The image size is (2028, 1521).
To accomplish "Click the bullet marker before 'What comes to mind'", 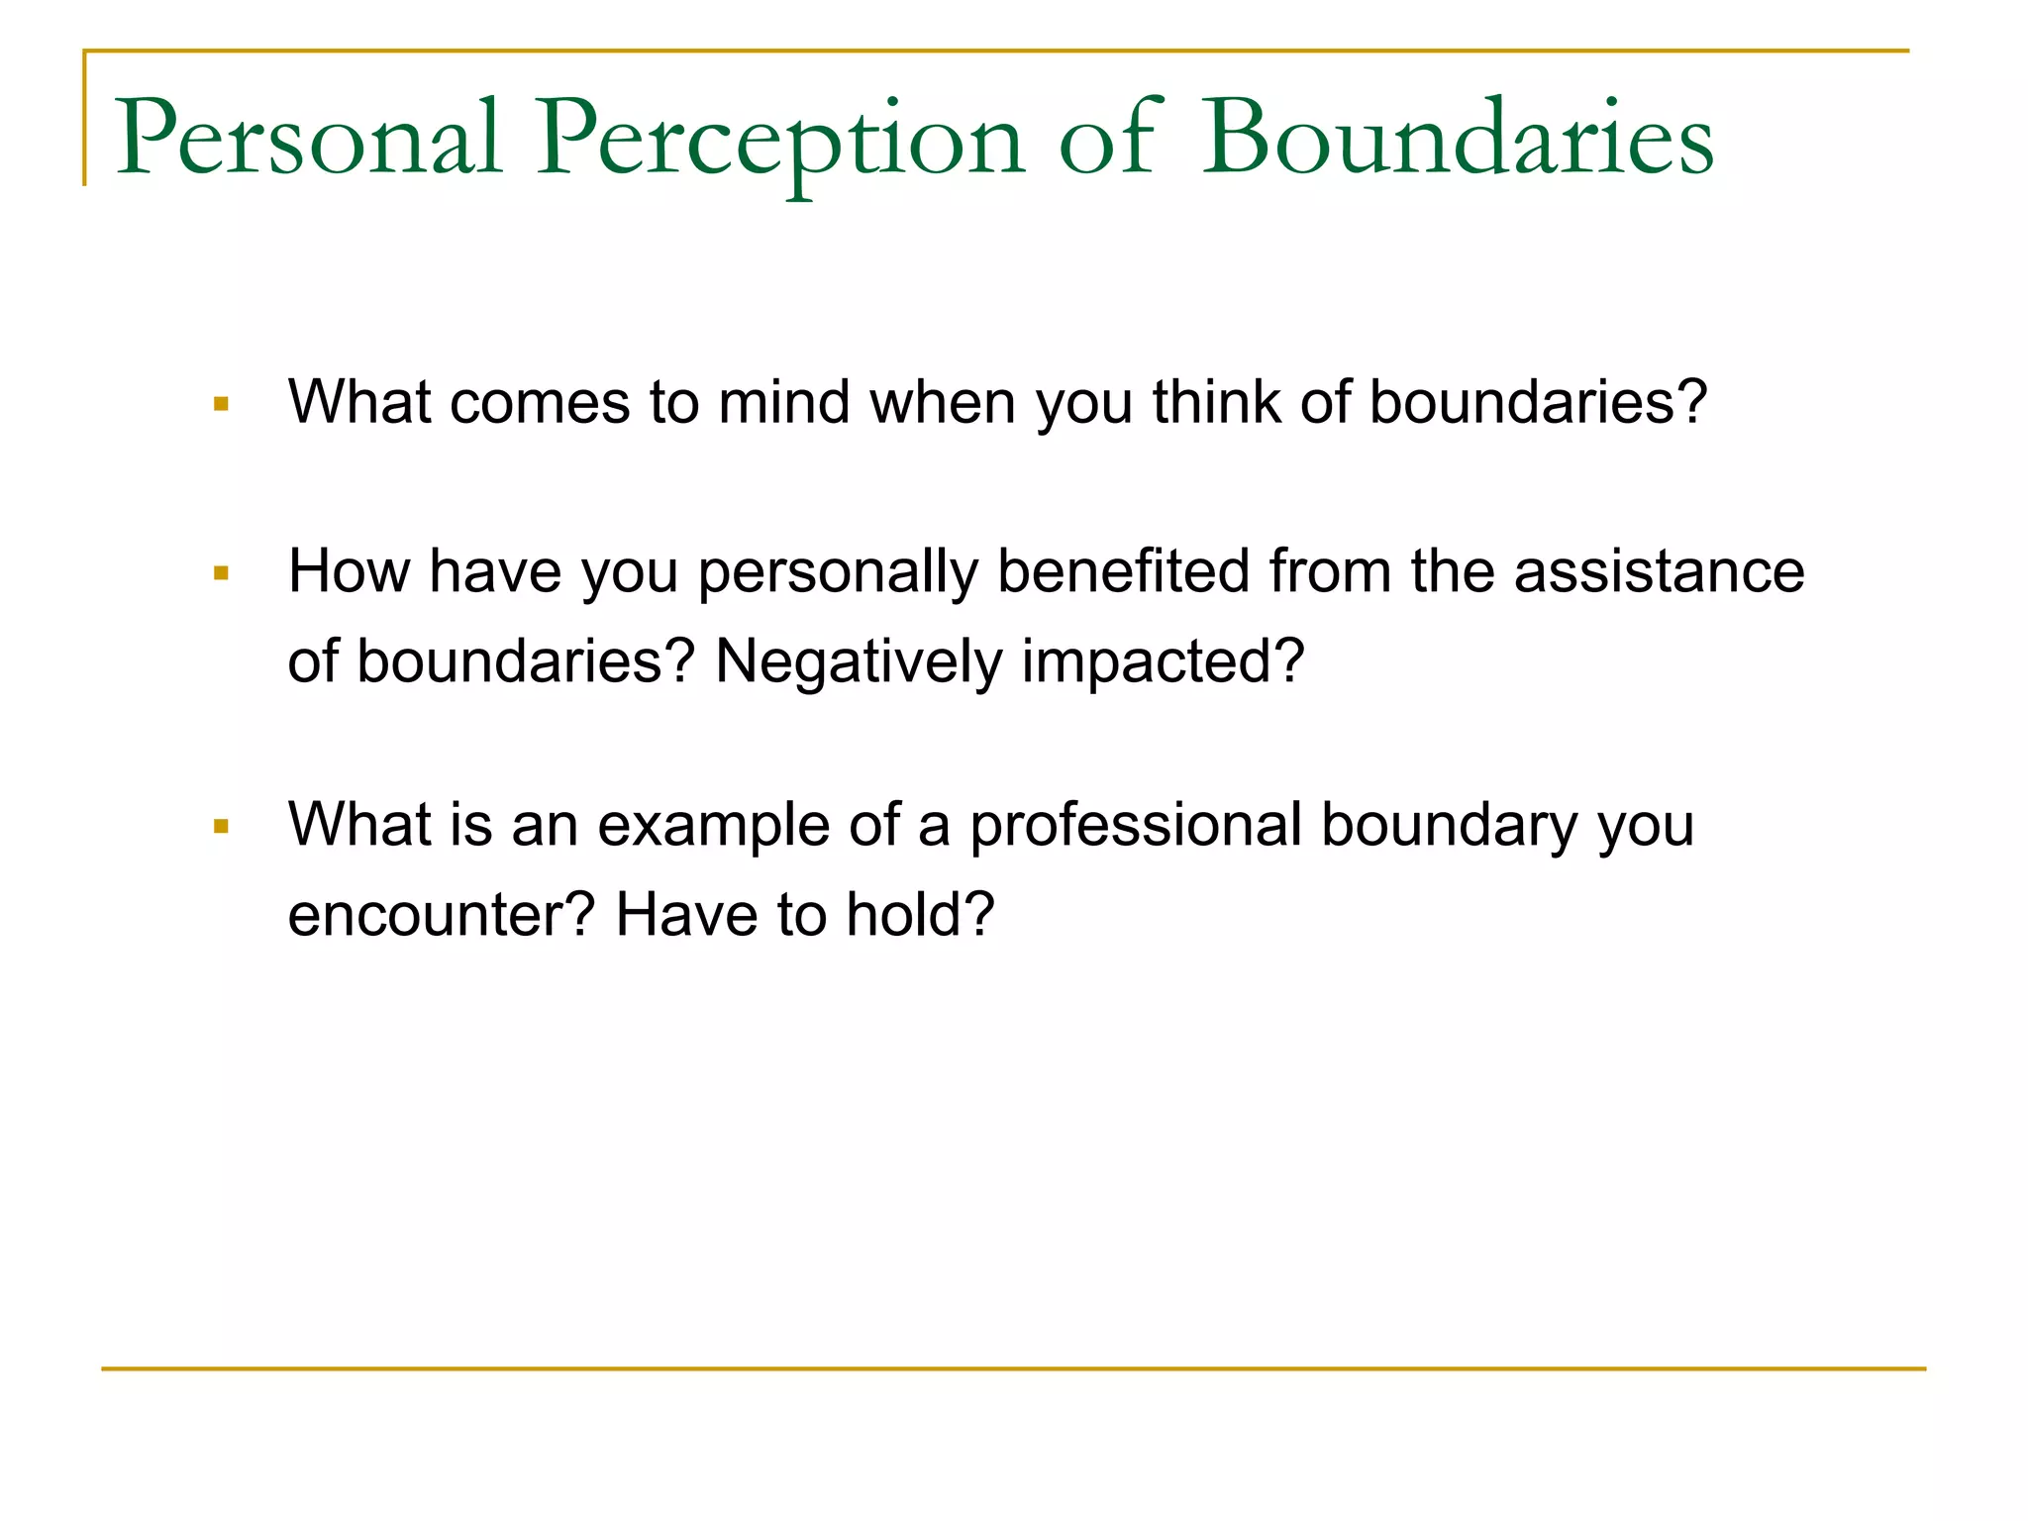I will click(x=221, y=404).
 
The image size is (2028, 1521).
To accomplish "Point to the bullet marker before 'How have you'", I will click(x=221, y=573).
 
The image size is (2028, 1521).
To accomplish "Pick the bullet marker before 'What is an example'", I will click(x=221, y=826).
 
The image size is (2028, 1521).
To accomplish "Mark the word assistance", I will click(x=1659, y=571).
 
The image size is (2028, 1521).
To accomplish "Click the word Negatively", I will click(x=858, y=661).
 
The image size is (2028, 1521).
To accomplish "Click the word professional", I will click(x=1135, y=826).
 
